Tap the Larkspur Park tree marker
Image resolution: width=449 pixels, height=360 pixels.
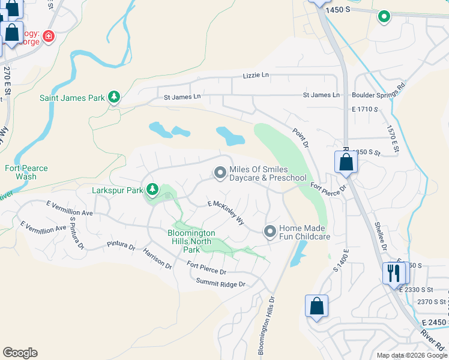click(152, 190)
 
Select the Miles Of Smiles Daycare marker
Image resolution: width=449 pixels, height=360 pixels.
click(220, 173)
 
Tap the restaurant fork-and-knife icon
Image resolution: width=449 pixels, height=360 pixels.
click(394, 273)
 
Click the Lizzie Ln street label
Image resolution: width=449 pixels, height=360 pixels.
click(256, 76)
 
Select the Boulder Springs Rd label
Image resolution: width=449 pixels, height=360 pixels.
click(378, 94)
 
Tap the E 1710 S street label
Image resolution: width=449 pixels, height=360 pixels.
click(366, 109)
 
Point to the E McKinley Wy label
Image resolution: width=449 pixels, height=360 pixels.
click(226, 212)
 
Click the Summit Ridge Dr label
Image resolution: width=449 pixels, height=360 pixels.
click(221, 283)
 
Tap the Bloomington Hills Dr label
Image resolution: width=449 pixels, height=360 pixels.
click(267, 325)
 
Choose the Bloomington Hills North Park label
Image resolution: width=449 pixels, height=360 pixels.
click(191, 241)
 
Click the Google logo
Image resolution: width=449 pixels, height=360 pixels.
click(20, 353)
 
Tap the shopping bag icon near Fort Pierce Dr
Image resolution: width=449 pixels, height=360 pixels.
click(346, 162)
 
